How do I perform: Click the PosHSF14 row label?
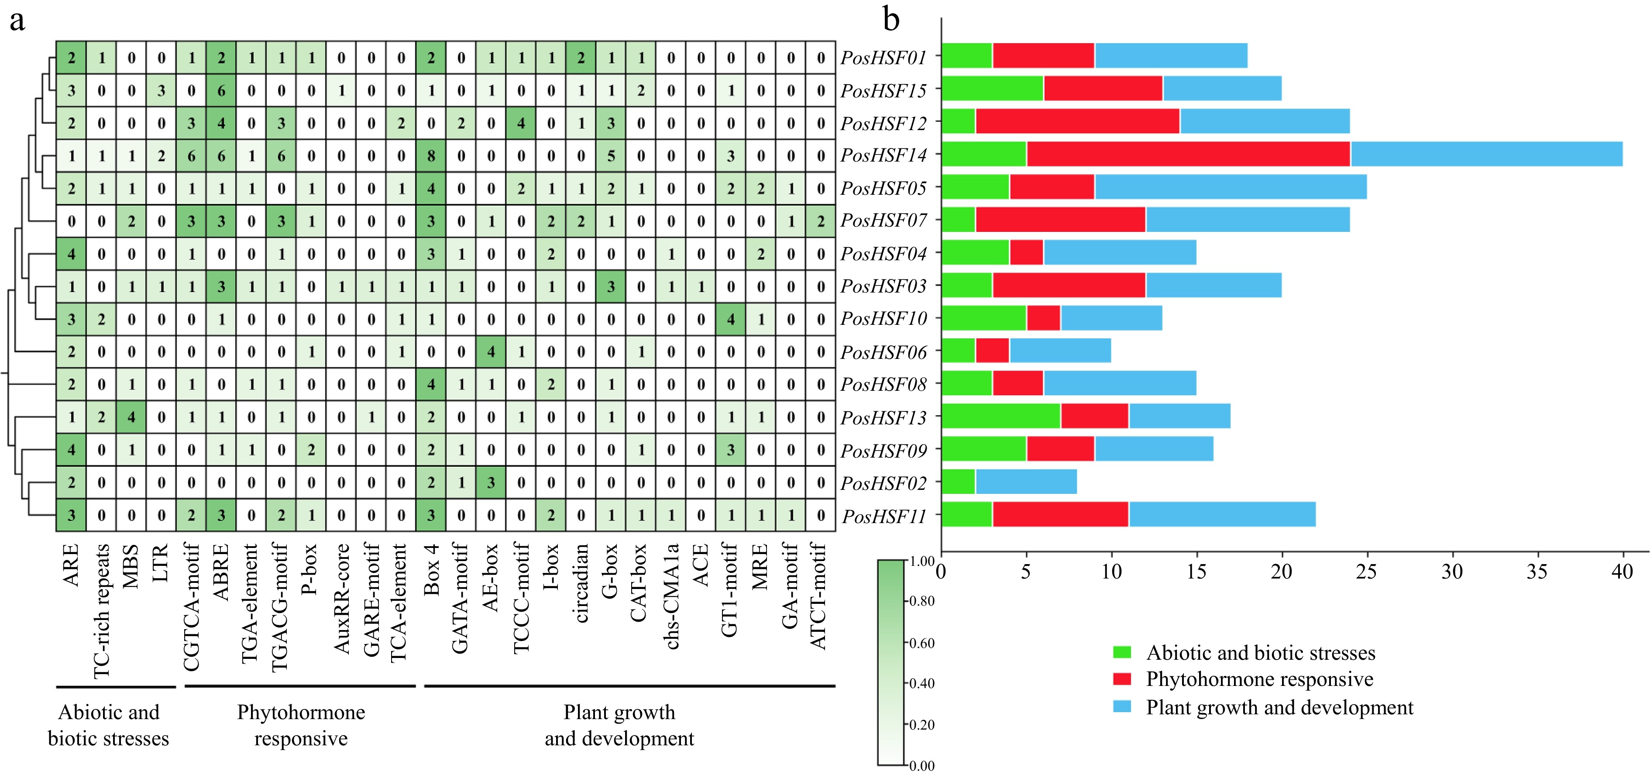883,155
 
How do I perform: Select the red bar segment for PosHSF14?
1188,155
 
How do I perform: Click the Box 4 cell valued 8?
431,155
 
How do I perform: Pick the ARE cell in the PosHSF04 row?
71,254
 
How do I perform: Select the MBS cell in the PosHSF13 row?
131,417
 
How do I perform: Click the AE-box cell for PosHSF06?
491,351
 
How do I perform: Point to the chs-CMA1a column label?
671,596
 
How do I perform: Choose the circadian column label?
581,583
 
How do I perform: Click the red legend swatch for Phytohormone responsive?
1121,679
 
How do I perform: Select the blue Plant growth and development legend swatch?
1121,706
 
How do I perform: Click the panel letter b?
891,19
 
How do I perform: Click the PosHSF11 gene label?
884,516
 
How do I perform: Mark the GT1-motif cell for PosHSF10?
731,319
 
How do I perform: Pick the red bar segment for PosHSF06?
992,351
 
